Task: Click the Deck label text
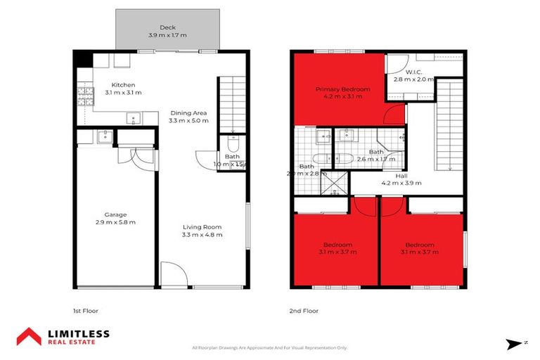[x=167, y=27]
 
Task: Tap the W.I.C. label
[x=413, y=72]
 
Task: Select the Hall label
[x=401, y=175]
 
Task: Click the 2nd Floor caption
[x=304, y=310]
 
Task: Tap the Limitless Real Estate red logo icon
[x=30, y=336]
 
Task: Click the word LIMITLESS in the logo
[x=78, y=333]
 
